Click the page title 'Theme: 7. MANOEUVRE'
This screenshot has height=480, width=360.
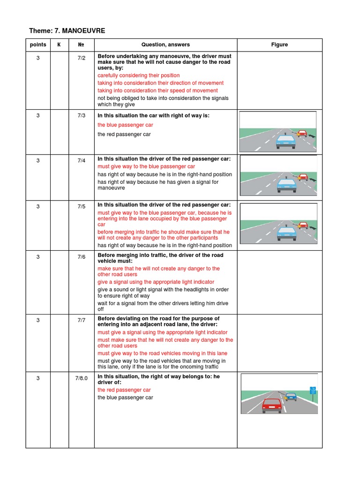point(67,31)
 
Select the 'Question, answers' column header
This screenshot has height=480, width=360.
point(165,45)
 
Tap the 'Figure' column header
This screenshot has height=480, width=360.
point(279,45)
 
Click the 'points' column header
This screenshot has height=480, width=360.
point(38,45)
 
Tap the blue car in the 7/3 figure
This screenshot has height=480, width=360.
point(285,141)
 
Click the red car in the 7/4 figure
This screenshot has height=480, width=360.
point(303,177)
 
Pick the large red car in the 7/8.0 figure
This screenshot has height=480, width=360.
point(271,405)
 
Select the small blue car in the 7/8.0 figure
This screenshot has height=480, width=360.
point(291,396)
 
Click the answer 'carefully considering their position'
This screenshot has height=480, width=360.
point(138,75)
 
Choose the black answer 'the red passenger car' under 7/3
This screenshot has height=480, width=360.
point(124,135)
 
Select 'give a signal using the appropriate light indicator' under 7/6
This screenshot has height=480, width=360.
point(156,282)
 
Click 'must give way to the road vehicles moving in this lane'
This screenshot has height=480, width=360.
point(162,353)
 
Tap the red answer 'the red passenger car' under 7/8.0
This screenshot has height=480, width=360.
point(124,390)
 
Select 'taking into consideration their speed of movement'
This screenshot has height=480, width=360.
point(157,90)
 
